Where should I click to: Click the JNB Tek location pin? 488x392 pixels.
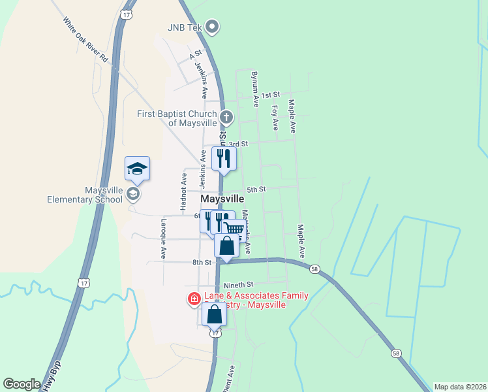pos(212,27)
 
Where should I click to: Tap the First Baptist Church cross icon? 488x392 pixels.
pos(226,118)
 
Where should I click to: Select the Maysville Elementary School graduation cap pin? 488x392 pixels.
pos(137,169)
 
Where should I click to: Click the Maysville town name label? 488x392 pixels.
pos(222,199)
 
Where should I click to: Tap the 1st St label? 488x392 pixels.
pos(270,95)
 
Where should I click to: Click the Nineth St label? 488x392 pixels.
pos(237,285)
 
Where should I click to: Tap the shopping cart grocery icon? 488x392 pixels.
pos(234,229)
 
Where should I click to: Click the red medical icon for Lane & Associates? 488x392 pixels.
pos(194,300)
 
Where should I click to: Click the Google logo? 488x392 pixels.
pos(22,384)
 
